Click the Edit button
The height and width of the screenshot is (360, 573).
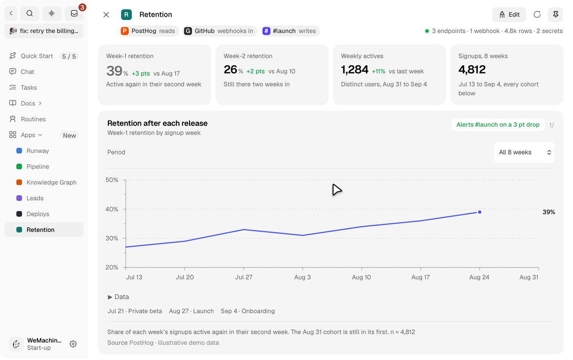509,15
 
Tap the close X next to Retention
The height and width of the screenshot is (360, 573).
106,15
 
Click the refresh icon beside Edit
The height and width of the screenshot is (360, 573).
537,15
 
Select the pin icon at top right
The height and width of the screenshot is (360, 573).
555,15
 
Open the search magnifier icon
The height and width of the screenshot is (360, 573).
30,13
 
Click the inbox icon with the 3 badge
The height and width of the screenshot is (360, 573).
74,13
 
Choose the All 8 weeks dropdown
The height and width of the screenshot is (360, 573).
524,152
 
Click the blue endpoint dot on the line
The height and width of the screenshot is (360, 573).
479,212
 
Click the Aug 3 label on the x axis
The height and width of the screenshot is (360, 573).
302,277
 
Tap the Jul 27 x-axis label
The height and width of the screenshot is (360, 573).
244,277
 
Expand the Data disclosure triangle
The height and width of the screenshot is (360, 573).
110,297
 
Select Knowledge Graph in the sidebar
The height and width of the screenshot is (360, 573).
52,182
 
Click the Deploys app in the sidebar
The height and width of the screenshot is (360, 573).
38,214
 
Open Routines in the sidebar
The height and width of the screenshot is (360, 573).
33,119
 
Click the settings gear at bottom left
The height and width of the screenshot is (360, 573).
73,344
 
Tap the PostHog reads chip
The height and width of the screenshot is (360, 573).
149,31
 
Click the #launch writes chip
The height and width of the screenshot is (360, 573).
291,31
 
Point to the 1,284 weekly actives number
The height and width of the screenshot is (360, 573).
354,70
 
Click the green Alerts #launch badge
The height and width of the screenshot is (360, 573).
498,125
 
